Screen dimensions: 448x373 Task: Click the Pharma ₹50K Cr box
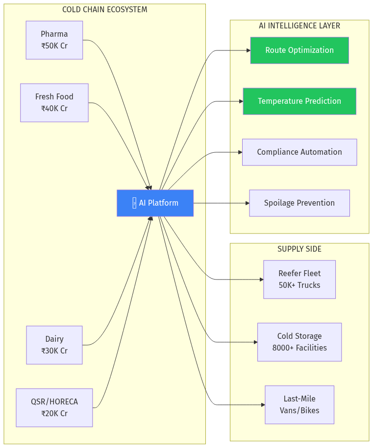tap(54, 40)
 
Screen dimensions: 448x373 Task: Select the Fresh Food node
tap(54, 102)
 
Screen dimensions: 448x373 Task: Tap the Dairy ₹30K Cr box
tap(54, 345)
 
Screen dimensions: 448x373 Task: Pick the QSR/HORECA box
tap(54, 407)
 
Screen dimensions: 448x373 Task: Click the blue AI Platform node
tap(155, 203)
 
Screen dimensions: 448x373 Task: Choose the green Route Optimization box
tap(299, 50)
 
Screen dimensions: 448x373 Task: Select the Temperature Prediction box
tap(299, 101)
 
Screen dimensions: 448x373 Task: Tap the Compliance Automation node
tap(299, 152)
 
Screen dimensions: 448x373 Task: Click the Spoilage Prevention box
tap(299, 203)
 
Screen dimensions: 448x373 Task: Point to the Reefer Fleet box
tap(299, 279)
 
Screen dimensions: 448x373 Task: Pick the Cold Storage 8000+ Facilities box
tap(299, 342)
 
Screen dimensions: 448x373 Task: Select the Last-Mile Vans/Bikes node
tap(299, 404)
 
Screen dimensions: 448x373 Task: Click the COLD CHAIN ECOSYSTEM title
tap(105, 10)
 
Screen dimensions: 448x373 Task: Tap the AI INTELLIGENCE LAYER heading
tap(299, 26)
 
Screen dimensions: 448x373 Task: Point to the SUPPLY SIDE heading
tap(299, 249)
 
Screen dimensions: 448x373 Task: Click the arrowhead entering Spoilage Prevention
tap(247, 203)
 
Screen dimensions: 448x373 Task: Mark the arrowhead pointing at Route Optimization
tap(248, 50)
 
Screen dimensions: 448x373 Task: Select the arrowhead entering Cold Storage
tap(255, 342)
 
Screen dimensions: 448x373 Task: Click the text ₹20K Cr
tap(54, 414)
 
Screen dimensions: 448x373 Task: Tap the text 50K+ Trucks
tap(299, 285)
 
